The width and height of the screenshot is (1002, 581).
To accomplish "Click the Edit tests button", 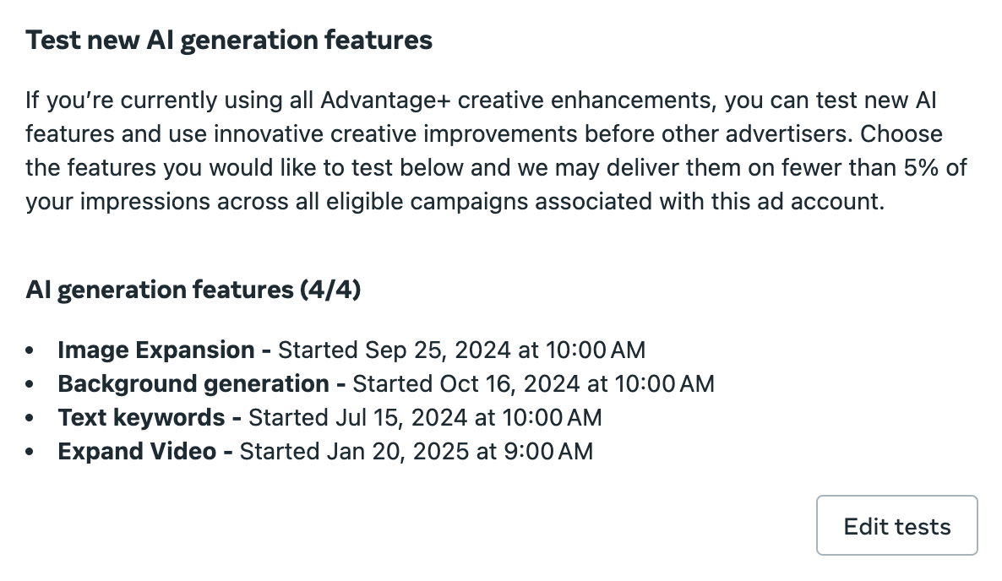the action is point(896,525).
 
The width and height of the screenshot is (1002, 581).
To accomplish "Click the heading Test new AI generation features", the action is point(229,41).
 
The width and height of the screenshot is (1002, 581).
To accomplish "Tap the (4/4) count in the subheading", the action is point(330,290).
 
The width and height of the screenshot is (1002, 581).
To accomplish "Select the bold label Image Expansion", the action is point(156,350).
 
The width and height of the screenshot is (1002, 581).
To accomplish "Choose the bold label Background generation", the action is point(193,383).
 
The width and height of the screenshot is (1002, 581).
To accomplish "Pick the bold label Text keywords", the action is point(141,417).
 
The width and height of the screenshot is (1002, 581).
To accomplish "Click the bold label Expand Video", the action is point(137,452).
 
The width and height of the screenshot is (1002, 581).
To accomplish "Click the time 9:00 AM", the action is point(548,452).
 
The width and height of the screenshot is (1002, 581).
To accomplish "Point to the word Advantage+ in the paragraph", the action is point(386,100).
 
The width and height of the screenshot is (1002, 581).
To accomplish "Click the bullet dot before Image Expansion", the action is point(30,350).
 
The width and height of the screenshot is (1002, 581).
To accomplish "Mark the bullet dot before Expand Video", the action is point(30,452).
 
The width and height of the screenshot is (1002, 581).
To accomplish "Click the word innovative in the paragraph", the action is point(269,134).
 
